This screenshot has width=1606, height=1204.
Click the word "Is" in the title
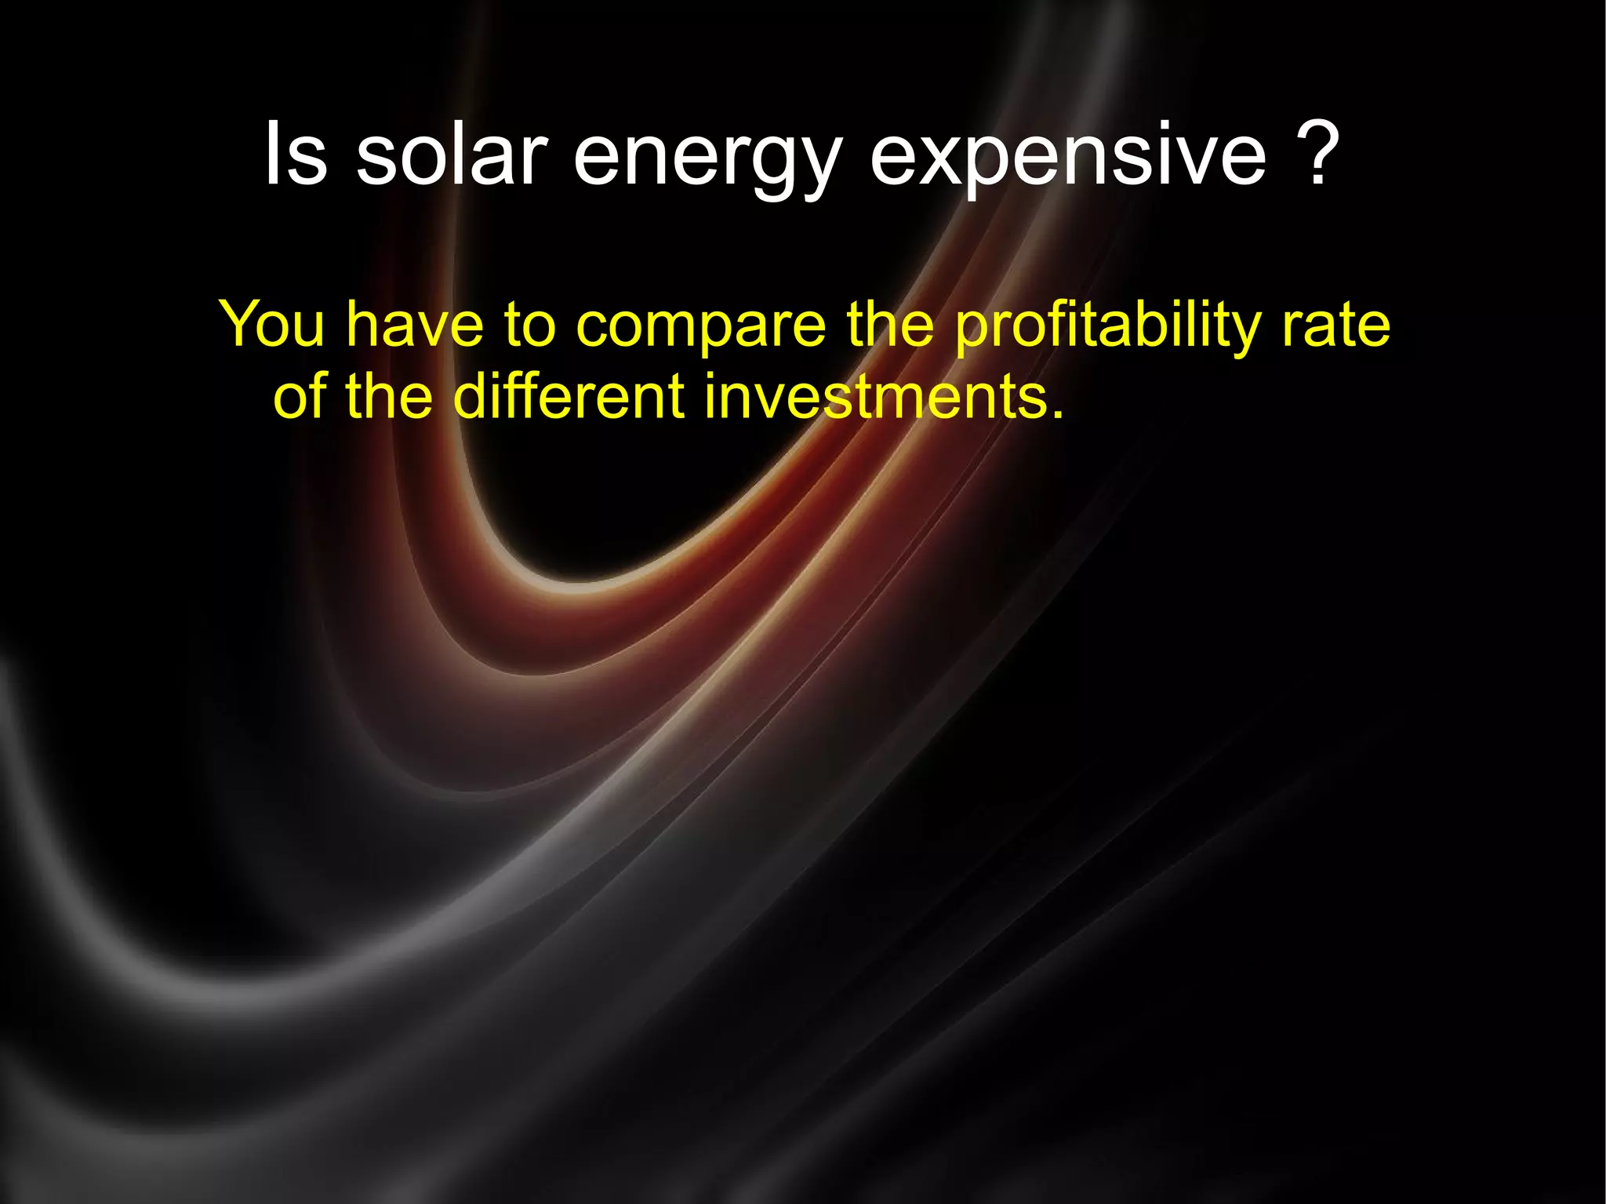(296, 154)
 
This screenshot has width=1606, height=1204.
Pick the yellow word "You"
(271, 323)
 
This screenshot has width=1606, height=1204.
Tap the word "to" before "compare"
(530, 325)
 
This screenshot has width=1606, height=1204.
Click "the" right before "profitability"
(891, 323)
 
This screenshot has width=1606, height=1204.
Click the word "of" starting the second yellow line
(299, 396)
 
